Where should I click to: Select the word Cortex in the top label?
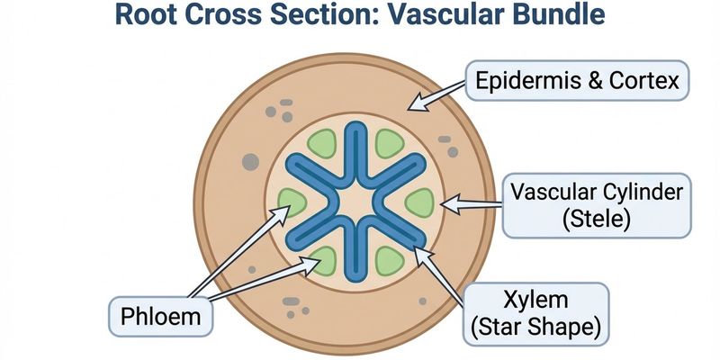(648, 84)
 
